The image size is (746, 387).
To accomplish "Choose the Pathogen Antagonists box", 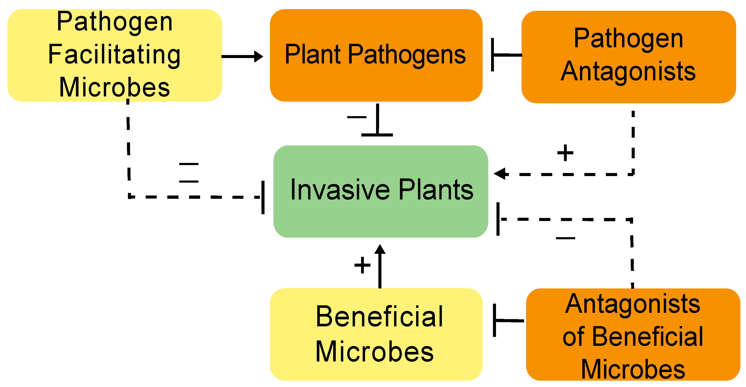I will [628, 93].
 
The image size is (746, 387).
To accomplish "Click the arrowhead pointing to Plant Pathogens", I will [259, 56].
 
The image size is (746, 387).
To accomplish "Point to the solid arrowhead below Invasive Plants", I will [380, 250].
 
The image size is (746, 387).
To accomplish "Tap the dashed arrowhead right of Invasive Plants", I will [500, 174].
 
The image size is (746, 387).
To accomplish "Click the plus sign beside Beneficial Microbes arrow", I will [362, 265].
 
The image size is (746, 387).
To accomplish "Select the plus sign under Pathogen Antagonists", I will [565, 153].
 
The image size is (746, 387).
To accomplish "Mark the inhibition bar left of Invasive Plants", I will [263, 197].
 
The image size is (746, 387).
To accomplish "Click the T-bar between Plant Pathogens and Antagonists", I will [492, 54].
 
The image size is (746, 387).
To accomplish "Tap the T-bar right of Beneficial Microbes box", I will [495, 320].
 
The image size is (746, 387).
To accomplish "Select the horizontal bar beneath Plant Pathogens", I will [377, 135].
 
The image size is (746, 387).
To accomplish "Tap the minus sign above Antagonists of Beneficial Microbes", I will [565, 238].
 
